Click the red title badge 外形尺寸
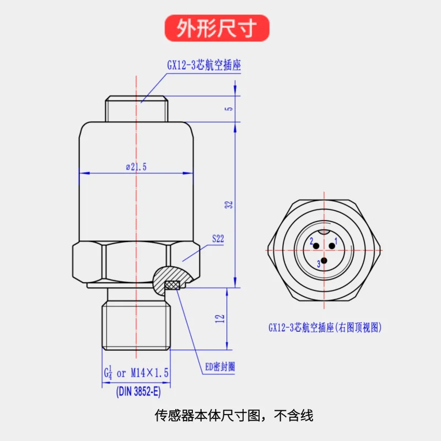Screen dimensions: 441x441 point(217,28)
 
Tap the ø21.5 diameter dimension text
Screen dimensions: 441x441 point(136,167)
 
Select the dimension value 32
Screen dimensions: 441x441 point(229,205)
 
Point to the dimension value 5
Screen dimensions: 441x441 point(229,109)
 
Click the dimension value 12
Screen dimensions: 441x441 point(220,319)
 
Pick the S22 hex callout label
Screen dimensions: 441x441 point(218,239)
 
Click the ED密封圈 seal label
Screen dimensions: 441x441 point(220,367)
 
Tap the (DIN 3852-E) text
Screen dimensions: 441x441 point(138,391)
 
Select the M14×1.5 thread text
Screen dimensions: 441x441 point(149,373)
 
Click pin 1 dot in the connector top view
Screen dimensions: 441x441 point(332,246)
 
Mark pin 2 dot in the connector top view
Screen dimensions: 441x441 point(316,246)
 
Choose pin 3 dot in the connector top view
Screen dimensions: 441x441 point(324,261)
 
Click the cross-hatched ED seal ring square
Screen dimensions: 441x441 point(173,285)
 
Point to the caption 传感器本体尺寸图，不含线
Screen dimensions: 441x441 point(234,415)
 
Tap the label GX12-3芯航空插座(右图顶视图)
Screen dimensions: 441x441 point(325,327)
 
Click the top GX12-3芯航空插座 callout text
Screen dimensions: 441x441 point(204,65)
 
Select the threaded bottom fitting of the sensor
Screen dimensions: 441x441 point(136,325)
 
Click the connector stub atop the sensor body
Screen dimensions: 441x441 point(136,109)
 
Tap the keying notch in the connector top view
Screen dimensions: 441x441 point(324,232)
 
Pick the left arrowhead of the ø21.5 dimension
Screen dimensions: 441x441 point(84,173)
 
